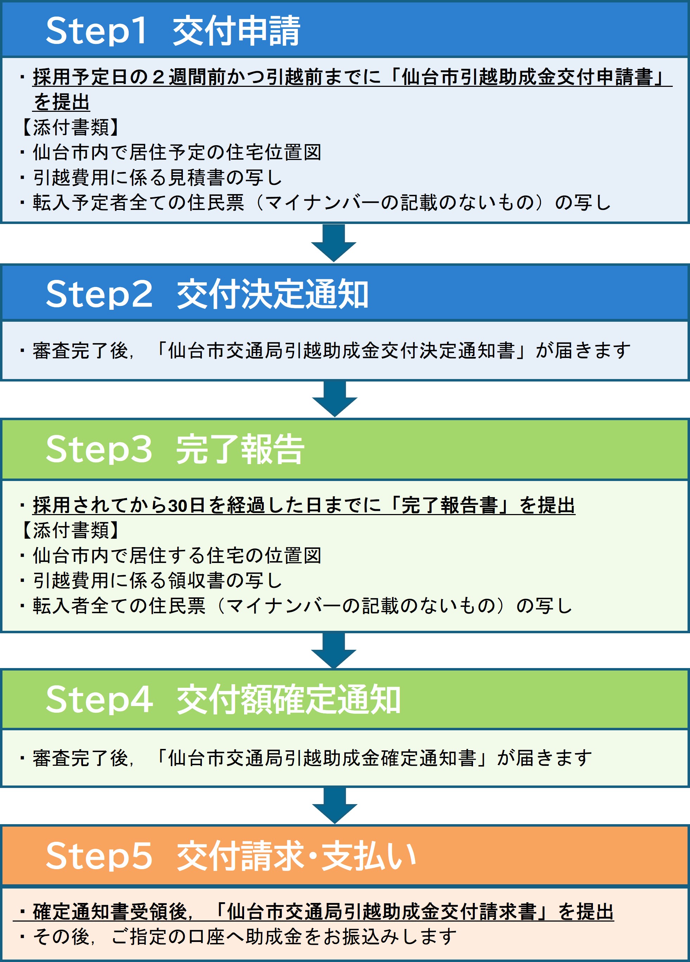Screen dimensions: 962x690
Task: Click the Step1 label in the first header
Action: (96, 31)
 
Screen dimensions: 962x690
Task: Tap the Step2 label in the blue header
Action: (98, 294)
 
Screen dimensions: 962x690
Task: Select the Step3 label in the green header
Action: (98, 449)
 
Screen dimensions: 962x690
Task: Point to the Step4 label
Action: (99, 699)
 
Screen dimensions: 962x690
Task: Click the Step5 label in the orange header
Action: (98, 855)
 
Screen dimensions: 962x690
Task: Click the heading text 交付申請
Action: (236, 31)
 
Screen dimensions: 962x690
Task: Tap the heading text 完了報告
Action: (240, 449)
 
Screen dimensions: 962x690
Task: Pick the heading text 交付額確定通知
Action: (289, 699)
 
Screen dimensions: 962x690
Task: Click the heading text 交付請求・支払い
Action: (296, 855)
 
